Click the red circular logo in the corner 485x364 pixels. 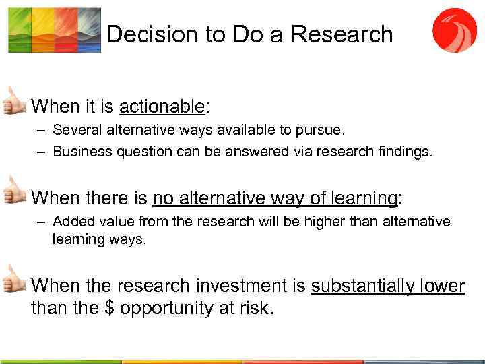pos(454,30)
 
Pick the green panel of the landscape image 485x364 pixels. pos(19,30)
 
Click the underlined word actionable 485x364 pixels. pos(162,107)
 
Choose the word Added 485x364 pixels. pos(69,222)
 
